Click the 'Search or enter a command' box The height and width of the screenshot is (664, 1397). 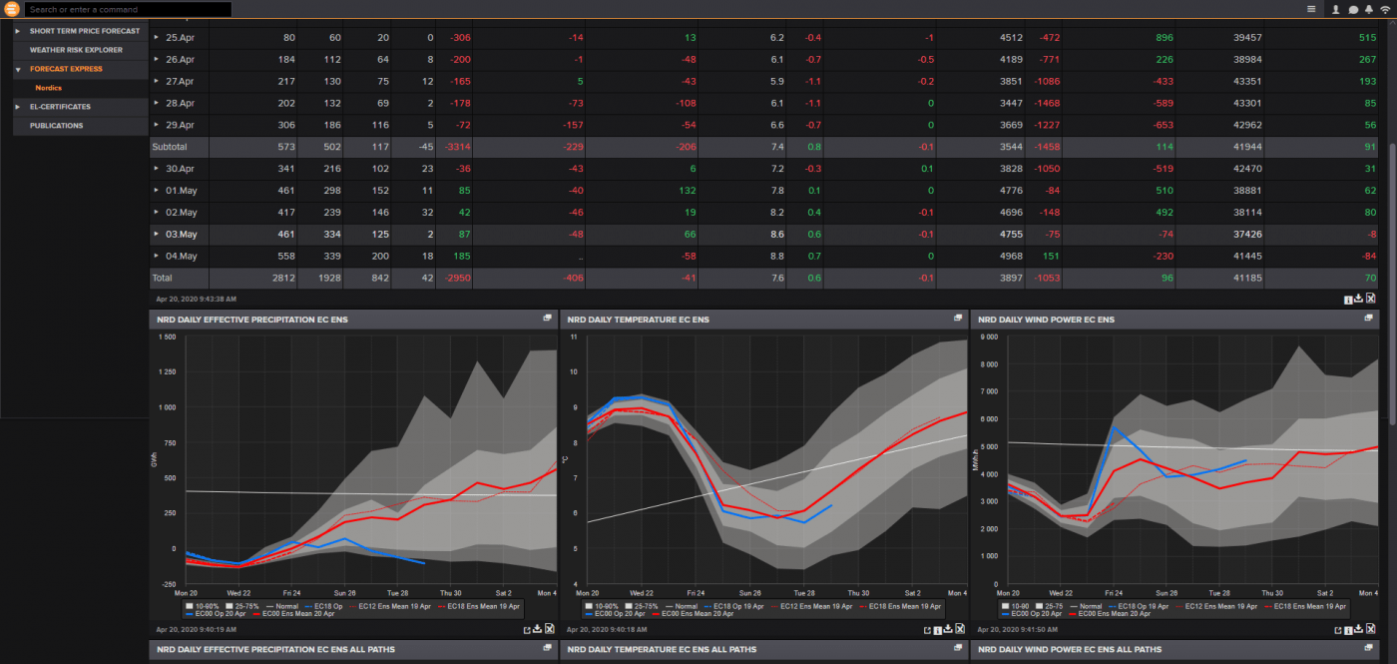point(128,9)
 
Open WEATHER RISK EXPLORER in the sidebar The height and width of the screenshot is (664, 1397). point(76,50)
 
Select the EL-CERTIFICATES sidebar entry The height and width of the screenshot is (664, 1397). point(60,107)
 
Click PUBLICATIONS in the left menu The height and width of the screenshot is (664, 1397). point(56,126)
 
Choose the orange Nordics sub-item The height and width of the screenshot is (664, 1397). point(48,88)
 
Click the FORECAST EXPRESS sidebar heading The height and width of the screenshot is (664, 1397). point(66,69)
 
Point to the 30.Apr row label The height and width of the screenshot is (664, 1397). point(180,169)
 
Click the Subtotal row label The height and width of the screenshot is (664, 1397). point(169,147)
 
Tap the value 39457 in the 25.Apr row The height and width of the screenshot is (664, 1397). point(1247,37)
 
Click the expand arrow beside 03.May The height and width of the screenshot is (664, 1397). point(157,235)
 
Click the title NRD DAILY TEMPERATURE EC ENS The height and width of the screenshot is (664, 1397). point(638,320)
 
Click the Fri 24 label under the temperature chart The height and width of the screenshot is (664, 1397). point(696,592)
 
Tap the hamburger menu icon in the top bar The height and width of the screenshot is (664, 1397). point(1311,9)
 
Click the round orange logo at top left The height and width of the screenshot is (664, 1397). point(12,9)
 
